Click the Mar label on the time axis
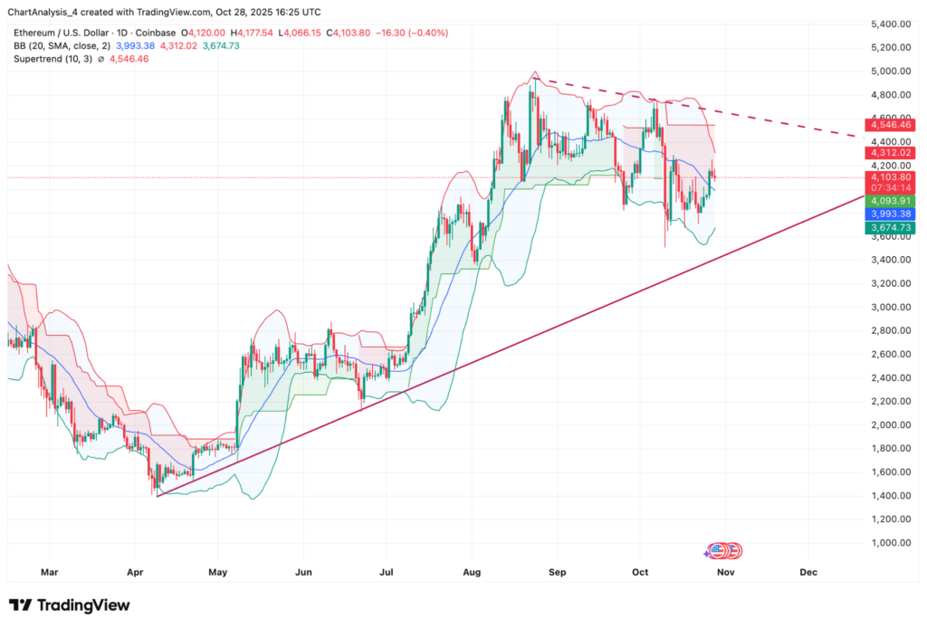click(50, 573)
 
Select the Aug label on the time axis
click(470, 573)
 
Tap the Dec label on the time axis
click(808, 573)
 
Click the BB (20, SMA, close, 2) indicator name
click(61, 46)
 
